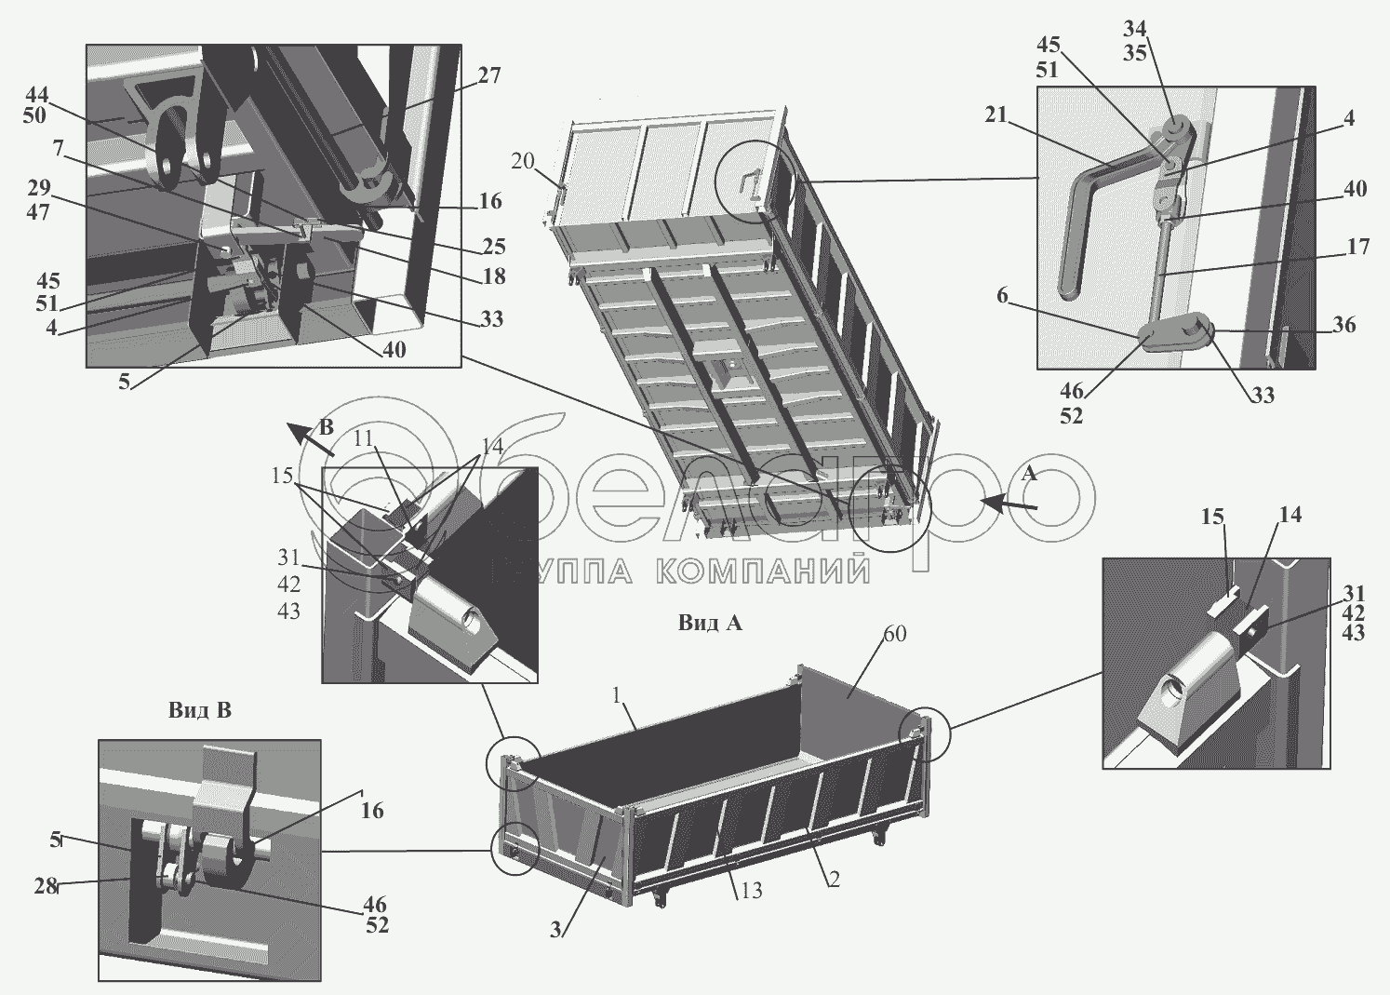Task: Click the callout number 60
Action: [894, 635]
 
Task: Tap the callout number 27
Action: [489, 75]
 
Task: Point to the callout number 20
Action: [523, 161]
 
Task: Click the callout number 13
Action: [752, 890]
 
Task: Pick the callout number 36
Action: [1343, 325]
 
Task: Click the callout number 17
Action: [1358, 247]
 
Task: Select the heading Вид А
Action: [710, 624]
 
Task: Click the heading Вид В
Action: [199, 710]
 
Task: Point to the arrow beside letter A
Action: [1010, 504]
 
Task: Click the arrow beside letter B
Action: [308, 437]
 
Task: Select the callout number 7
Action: [58, 148]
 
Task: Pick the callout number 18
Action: [494, 276]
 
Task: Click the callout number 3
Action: [555, 929]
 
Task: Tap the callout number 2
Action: [834, 879]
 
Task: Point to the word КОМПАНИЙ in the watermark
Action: [763, 570]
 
